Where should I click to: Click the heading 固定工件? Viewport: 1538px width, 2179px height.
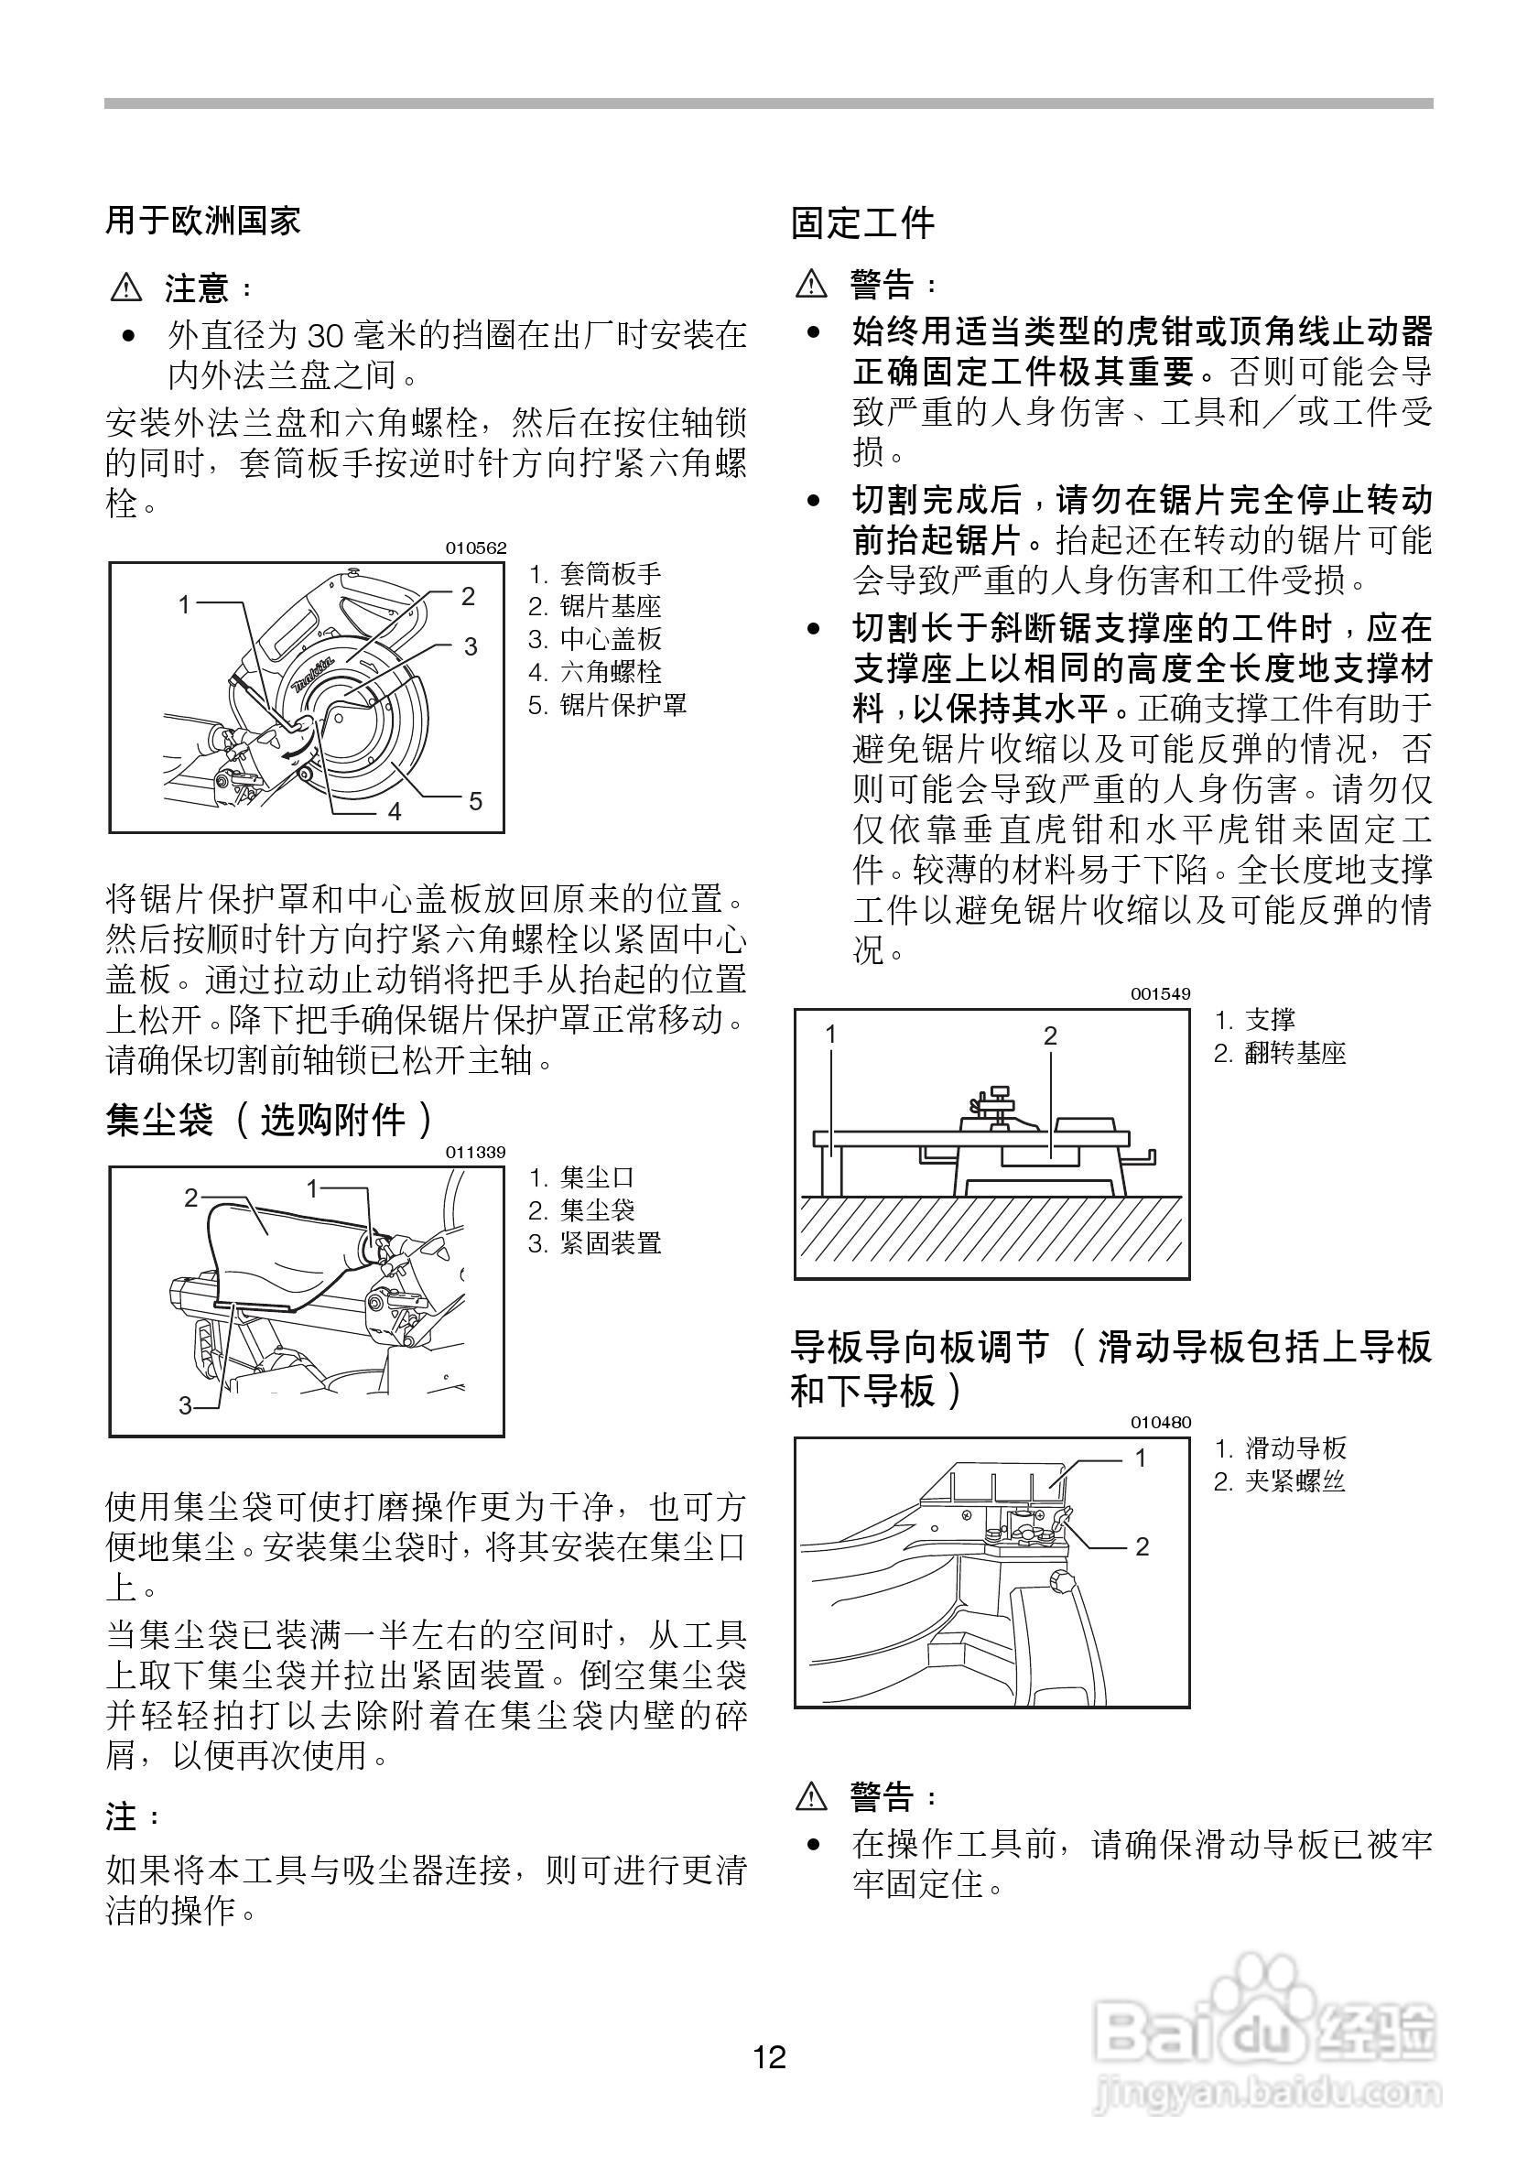click(862, 224)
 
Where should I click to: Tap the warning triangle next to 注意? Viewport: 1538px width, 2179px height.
click(126, 287)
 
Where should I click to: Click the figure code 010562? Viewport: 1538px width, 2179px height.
click(476, 548)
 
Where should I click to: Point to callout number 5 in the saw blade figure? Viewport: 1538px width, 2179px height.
click(475, 801)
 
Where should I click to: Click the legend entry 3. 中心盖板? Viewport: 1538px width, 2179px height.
click(595, 639)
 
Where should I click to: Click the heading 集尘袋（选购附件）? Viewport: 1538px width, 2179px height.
click(270, 1120)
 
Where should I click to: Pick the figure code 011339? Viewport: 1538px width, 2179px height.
click(476, 1152)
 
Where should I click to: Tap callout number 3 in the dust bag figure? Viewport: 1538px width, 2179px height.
click(186, 1405)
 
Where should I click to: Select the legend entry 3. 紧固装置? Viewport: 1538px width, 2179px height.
click(595, 1243)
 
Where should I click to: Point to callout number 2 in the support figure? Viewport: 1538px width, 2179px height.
click(1050, 1035)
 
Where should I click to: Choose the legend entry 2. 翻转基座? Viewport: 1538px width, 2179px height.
click(1280, 1054)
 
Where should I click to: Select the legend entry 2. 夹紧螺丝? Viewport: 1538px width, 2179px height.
click(1280, 1481)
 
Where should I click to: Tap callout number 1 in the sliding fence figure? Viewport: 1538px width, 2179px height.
click(1142, 1458)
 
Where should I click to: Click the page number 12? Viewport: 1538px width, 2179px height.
click(770, 2057)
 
